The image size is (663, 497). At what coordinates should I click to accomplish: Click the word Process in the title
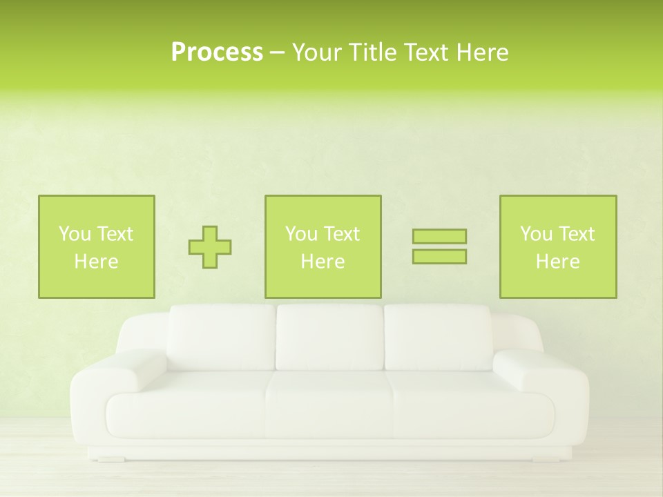click(217, 52)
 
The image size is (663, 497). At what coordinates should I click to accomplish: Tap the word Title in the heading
click(373, 52)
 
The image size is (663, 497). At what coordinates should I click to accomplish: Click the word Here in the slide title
click(482, 52)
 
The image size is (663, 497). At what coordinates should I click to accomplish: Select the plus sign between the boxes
click(210, 246)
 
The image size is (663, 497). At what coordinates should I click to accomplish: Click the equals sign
click(439, 246)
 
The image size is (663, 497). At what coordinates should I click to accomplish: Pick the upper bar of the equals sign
click(439, 237)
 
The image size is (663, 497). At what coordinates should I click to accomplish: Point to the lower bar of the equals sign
click(439, 256)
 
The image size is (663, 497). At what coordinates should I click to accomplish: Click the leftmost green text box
click(97, 246)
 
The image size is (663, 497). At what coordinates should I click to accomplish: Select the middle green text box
click(323, 246)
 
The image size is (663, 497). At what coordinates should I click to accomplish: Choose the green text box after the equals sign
click(558, 246)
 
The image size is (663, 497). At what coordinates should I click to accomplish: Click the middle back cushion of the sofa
click(329, 338)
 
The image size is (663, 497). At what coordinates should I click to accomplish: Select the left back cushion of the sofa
click(221, 338)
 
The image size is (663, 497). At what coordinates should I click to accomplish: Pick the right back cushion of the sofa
click(438, 338)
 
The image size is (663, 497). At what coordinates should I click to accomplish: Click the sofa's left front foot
click(110, 458)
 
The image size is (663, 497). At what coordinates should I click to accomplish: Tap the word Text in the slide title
click(425, 52)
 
